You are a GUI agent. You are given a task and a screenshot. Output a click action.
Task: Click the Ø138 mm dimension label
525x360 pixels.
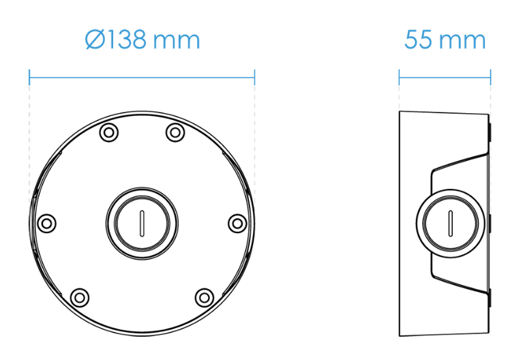point(142,40)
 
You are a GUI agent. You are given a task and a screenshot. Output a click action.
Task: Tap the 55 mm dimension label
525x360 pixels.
point(445,40)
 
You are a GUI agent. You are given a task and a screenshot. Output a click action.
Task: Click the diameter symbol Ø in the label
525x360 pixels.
point(95,40)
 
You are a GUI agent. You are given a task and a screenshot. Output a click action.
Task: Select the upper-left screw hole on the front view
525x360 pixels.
point(109,132)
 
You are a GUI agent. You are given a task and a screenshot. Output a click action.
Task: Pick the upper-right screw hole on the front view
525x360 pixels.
point(175,132)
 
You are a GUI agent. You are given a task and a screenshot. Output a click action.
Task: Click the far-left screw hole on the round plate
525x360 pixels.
point(46,224)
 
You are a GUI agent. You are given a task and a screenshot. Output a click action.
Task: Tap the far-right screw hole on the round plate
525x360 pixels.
point(237,224)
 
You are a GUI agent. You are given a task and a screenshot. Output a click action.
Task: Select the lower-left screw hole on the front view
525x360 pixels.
point(80,297)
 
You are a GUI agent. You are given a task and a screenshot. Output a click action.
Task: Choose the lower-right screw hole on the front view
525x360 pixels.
point(205,297)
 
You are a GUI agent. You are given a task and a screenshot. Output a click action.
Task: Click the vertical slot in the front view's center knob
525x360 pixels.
point(142,224)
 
